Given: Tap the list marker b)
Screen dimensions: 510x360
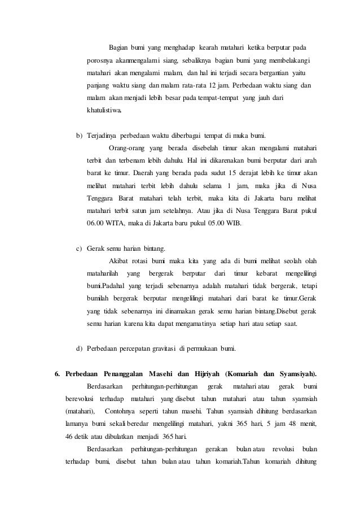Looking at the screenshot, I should coord(79,137).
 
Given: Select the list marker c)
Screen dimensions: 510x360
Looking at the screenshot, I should coord(79,249).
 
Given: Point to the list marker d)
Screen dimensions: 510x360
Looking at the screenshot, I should coord(79,347).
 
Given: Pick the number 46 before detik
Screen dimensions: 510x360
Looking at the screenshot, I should coord(71,435).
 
